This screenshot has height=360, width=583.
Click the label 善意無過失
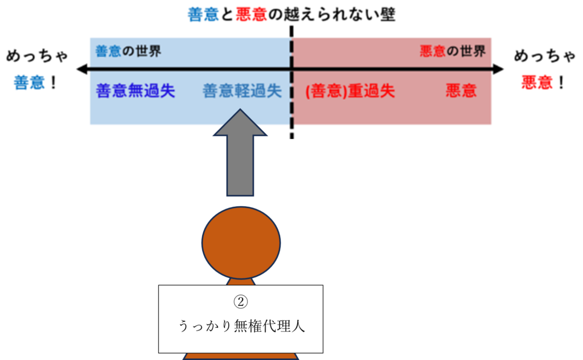pos(135,91)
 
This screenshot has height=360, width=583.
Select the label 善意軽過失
pos(242,91)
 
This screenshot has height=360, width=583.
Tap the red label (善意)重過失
pos(350,91)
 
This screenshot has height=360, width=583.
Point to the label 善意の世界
pos(128,52)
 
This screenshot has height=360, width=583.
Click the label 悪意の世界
pos(453,52)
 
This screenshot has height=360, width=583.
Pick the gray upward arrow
pos(240,154)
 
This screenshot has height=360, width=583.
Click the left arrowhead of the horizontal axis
pos(81,69)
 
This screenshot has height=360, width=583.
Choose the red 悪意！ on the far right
pos(543,83)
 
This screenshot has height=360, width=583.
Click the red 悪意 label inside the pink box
pos(461,91)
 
